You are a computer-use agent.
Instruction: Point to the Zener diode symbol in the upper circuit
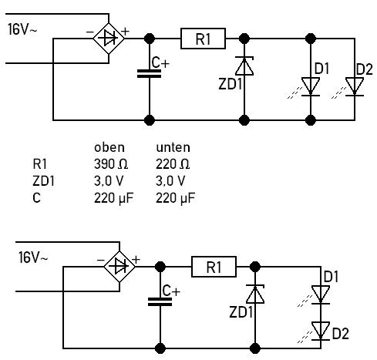coord(244,66)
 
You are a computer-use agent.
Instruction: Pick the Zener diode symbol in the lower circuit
coord(255,294)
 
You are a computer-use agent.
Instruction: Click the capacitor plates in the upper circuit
coord(150,73)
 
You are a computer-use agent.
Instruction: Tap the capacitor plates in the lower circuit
coord(160,301)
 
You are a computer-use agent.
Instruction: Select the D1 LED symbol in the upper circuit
coord(311,87)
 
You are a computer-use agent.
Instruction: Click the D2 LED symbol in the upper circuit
coord(355,87)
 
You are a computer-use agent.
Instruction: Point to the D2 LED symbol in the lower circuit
coord(321,331)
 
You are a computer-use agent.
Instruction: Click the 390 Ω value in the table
coord(111,164)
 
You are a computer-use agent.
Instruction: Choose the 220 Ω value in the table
coord(173,164)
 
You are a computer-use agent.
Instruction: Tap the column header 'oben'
coord(109,147)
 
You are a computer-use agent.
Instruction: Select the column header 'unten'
coord(173,147)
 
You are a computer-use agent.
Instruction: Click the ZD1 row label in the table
coord(43,181)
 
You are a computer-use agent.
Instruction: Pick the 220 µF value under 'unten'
coord(175,198)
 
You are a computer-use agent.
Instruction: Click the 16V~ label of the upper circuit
coord(22,29)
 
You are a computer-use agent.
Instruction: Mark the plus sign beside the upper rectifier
coord(125,32)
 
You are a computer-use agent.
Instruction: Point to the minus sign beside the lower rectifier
coord(100,260)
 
